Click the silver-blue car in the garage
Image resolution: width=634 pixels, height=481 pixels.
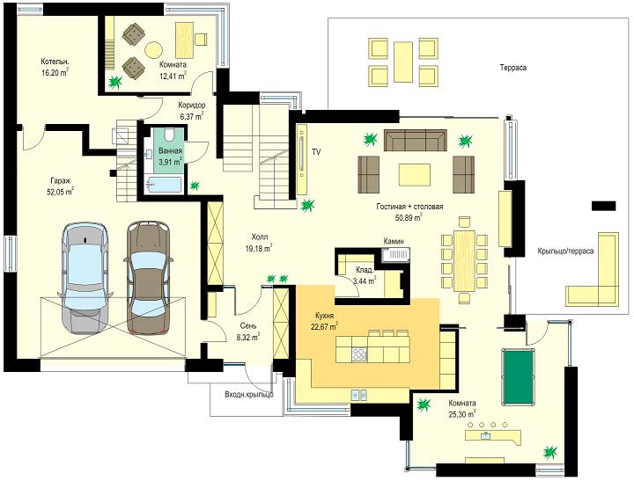(85, 278)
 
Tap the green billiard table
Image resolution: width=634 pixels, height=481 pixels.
(517, 376)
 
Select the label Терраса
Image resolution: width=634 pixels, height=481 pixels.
(512, 68)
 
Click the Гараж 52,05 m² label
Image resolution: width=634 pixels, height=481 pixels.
(60, 186)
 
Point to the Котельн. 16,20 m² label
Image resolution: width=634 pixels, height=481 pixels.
(55, 67)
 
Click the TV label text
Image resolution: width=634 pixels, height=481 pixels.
(316, 152)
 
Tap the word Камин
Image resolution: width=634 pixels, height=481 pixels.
(394, 241)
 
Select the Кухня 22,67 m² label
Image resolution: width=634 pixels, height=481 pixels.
(324, 321)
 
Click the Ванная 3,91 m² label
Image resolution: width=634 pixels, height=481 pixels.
(170, 157)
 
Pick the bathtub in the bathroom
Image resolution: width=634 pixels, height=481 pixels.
(164, 185)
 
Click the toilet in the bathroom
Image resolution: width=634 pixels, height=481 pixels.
(168, 134)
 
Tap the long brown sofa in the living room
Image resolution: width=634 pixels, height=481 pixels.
(416, 140)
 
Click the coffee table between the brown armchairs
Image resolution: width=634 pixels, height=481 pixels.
(415, 174)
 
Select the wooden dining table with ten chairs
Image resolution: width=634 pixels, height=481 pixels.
(464, 260)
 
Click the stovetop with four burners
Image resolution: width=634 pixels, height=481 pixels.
(359, 354)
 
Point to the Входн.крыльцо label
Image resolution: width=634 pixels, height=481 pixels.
(249, 394)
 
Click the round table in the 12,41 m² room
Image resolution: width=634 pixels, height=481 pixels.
(153, 50)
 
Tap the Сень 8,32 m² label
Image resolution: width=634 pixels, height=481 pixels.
(248, 331)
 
